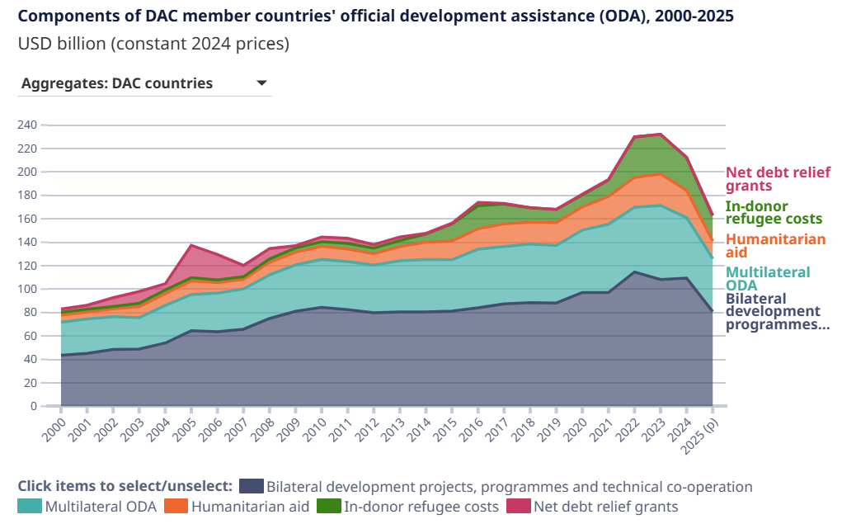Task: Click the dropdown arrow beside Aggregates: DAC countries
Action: tap(261, 83)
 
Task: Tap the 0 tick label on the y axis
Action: tap(34, 406)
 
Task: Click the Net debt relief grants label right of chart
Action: tap(778, 179)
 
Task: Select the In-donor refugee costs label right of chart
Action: tap(774, 212)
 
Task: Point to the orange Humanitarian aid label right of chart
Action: tap(775, 246)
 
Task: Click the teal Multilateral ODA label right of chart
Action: tap(767, 279)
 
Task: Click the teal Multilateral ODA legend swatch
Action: tap(30, 507)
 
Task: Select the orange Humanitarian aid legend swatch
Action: tap(176, 507)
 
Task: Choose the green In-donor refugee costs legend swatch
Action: tap(328, 507)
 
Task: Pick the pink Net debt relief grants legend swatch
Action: tap(518, 507)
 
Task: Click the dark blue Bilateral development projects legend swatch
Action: tap(251, 487)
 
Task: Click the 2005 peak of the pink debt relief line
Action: tap(191, 245)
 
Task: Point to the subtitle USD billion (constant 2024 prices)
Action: tap(153, 44)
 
